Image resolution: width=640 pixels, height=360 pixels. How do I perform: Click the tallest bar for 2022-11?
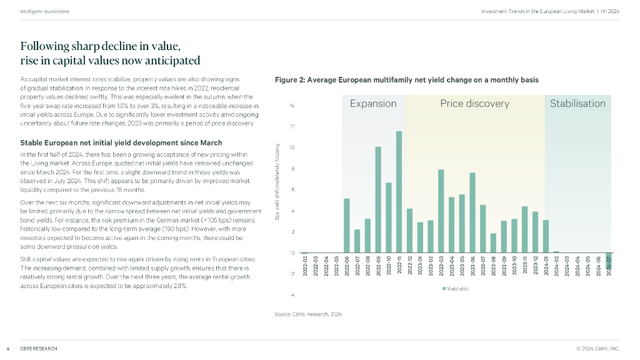pos(399,192)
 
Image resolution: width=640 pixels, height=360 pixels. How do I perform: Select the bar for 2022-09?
pos(378,200)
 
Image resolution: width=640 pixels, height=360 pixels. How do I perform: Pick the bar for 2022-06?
pos(347,226)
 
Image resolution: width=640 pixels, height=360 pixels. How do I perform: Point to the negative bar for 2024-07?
pos(608,261)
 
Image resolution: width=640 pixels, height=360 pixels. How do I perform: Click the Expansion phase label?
pos(373,104)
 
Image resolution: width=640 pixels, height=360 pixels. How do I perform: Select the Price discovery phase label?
pos(474,104)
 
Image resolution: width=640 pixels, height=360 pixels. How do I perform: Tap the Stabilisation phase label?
pos(577,104)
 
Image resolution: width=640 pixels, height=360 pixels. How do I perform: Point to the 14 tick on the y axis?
pos(292,106)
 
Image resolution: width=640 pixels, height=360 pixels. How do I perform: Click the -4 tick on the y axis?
pos(292,294)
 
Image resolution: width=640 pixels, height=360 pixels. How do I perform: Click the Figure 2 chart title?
pos(406,80)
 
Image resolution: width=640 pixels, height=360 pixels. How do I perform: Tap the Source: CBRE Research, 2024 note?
pos(308,314)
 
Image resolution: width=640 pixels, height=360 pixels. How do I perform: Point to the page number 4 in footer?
pos(7,348)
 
